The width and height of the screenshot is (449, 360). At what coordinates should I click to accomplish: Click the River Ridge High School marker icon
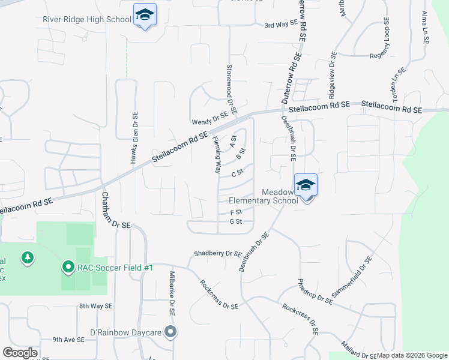(x=145, y=15)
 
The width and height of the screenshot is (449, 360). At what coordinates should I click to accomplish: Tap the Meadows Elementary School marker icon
(x=306, y=185)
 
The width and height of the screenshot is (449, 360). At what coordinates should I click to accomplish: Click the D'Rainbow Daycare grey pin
(x=171, y=332)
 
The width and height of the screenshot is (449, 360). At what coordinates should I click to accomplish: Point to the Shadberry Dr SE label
(x=217, y=254)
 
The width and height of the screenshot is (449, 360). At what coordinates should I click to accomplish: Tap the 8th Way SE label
(x=95, y=306)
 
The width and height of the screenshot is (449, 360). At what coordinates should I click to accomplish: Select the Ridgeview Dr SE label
(x=332, y=76)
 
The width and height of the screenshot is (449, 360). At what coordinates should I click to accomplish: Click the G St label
(x=235, y=221)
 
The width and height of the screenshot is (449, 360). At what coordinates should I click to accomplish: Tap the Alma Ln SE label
(x=425, y=27)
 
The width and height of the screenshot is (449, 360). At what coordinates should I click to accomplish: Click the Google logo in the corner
(x=20, y=353)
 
